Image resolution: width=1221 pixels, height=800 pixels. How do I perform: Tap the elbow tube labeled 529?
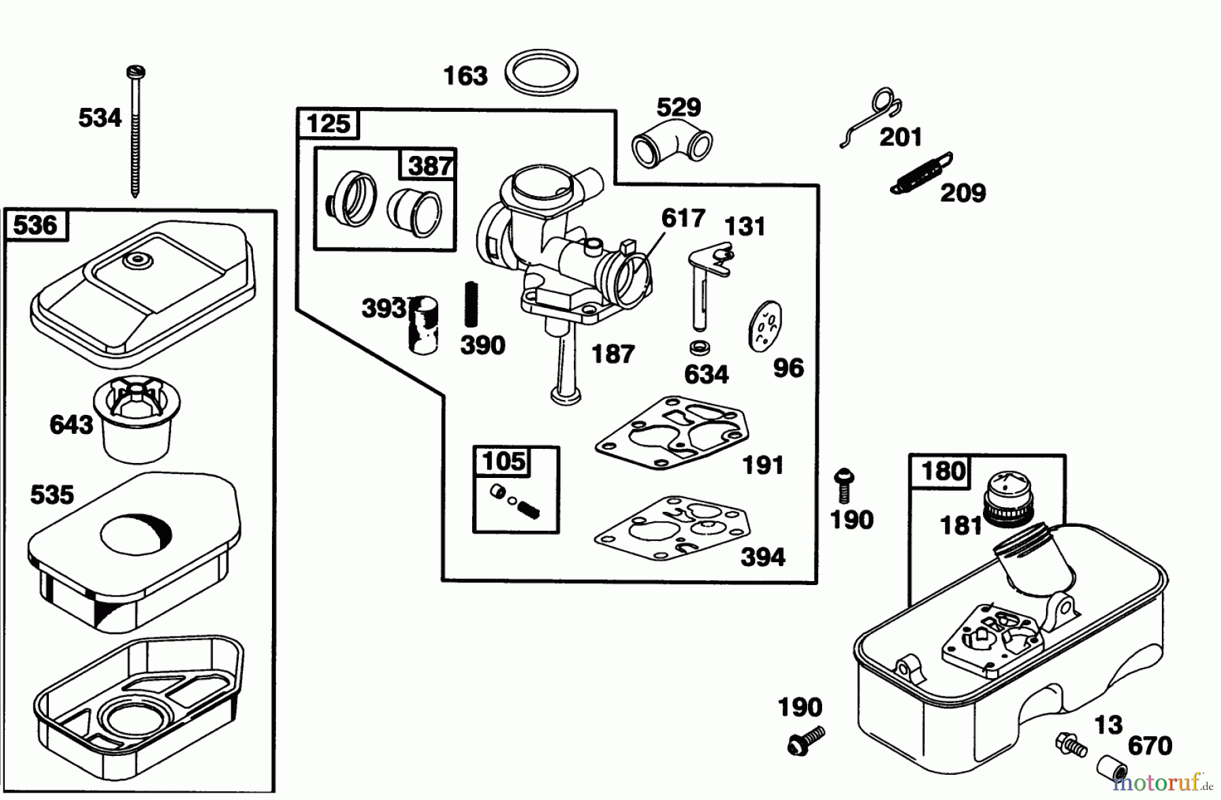point(672,142)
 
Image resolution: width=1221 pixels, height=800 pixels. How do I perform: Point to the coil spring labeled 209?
point(921,174)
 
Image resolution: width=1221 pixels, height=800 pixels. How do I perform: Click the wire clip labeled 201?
point(875,115)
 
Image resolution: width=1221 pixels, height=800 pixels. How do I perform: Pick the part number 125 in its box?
point(328,124)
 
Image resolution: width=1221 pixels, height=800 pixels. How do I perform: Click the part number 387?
point(430,165)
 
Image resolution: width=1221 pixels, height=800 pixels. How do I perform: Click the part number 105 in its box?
point(503,462)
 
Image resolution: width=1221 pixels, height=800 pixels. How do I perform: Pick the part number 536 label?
point(35,224)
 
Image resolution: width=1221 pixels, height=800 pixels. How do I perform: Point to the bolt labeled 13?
point(1070,744)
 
